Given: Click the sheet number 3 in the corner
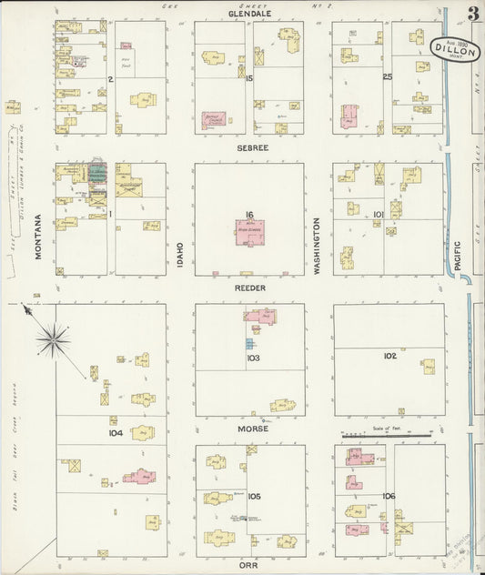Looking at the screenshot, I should tap(473, 13).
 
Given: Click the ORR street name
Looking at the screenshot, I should tap(248, 564).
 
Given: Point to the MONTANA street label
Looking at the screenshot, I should tap(39, 237).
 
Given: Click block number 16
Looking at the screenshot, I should tap(248, 215).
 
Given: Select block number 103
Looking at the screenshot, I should tap(253, 358).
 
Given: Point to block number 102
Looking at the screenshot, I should tap(390, 356).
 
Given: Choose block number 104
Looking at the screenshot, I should tap(115, 433).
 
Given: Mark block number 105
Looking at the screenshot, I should tap(254, 496).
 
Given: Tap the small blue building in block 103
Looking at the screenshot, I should tap(249, 344).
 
